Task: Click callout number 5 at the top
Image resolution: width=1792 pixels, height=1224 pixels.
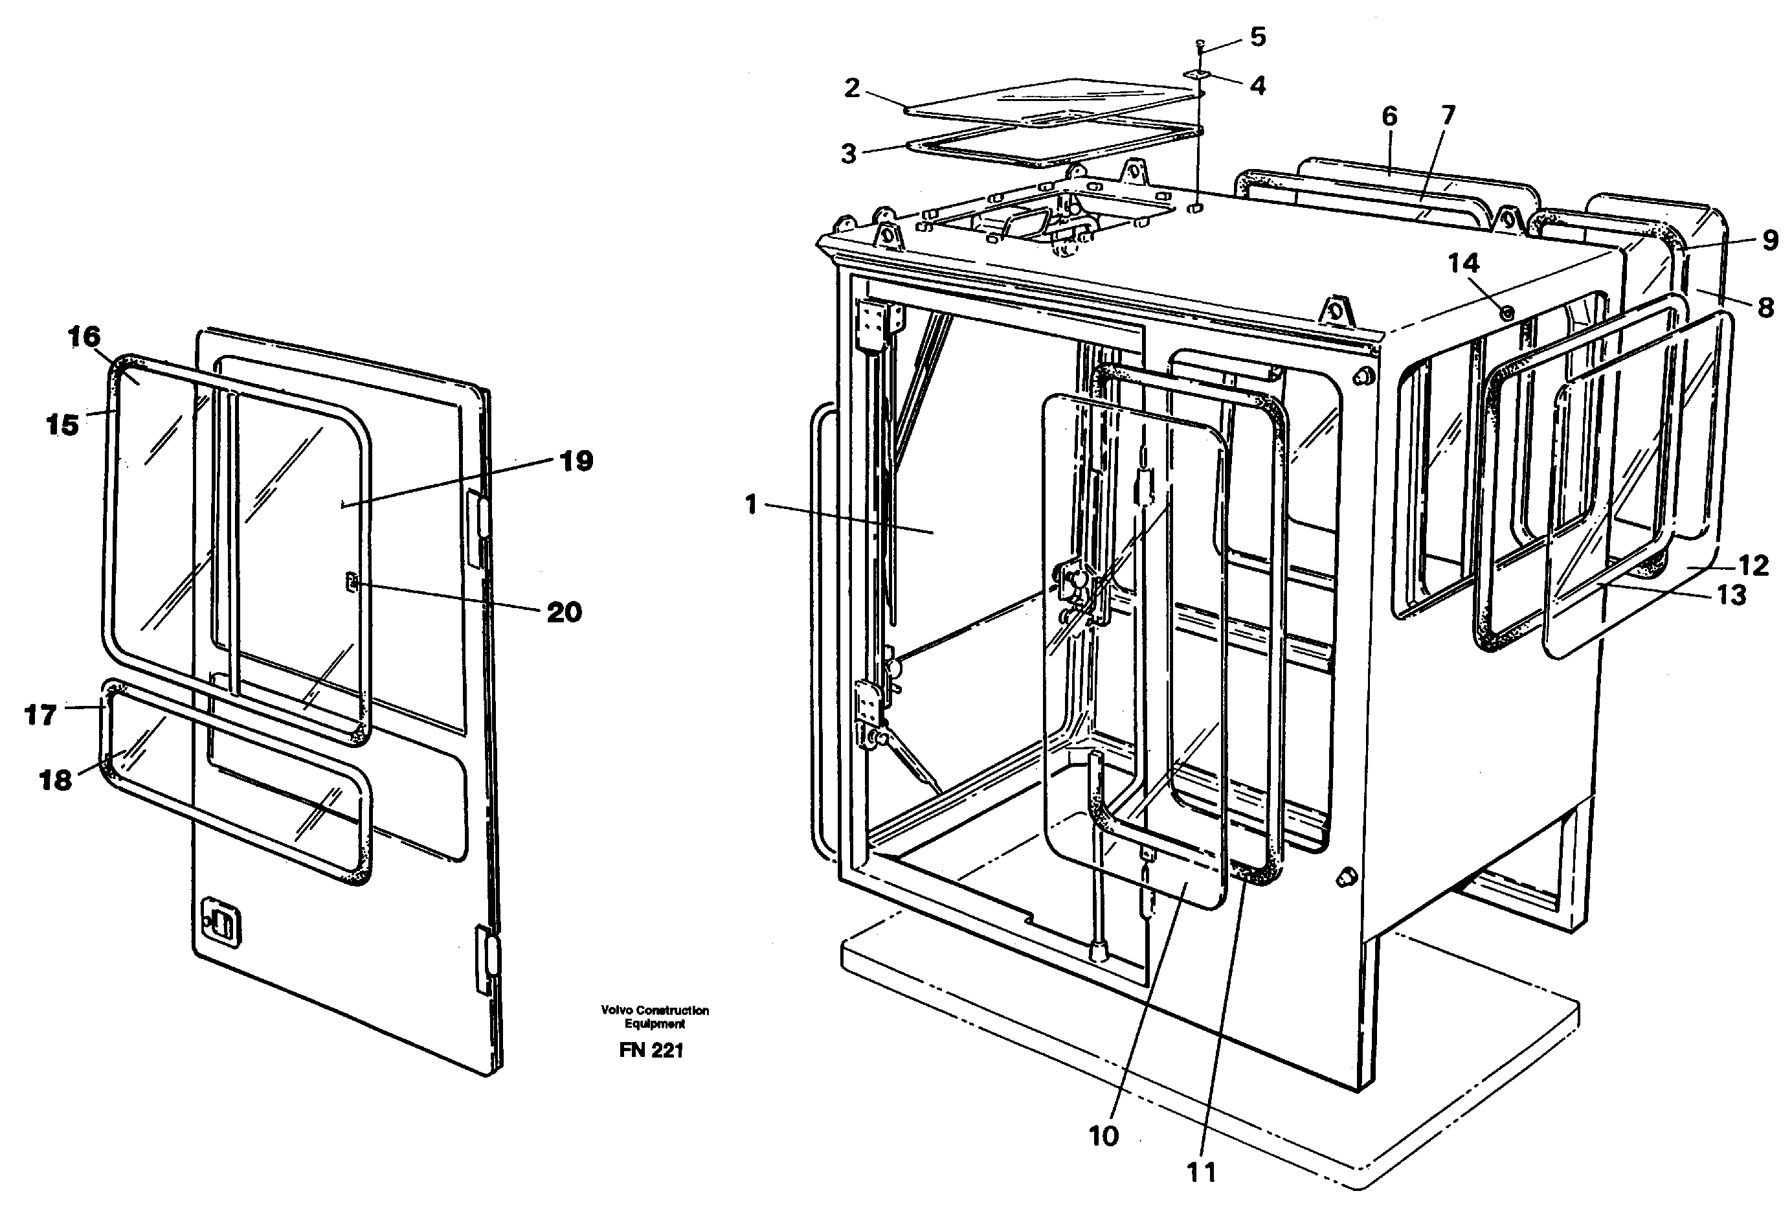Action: [x=1258, y=37]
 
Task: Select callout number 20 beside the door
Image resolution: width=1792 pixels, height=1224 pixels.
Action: [x=564, y=613]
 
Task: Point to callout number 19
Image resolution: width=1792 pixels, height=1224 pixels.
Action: [x=576, y=461]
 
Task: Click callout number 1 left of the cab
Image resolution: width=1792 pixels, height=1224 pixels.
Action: [x=751, y=506]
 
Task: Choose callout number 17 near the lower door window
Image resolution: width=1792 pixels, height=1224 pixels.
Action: [x=41, y=715]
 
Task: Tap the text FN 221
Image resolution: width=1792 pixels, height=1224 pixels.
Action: [x=651, y=1050]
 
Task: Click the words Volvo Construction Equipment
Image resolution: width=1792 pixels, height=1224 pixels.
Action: [x=655, y=1017]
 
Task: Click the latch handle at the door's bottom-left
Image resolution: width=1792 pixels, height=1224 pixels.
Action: [x=219, y=920]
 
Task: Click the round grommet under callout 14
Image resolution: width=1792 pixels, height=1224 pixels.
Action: [x=1506, y=313]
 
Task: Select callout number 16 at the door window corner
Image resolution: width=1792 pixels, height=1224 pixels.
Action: [x=84, y=336]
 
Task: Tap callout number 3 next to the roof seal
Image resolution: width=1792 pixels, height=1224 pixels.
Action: [x=848, y=153]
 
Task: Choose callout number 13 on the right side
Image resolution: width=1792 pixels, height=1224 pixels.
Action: [x=1732, y=595]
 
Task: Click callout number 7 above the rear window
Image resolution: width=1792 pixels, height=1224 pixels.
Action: [x=1448, y=116]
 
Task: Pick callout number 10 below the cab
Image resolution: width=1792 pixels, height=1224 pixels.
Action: [x=1103, y=1136]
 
